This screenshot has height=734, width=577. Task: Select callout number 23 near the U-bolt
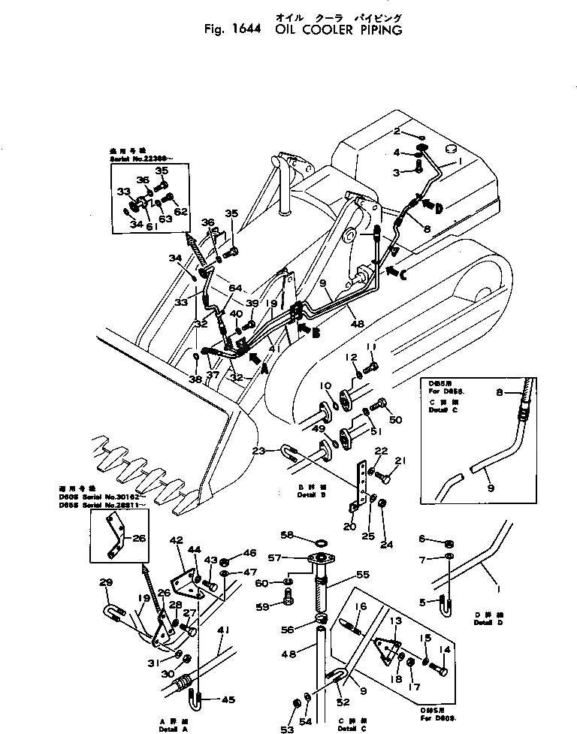coord(259,452)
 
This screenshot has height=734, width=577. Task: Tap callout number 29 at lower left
coord(106,582)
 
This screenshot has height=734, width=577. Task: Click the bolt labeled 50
coord(380,406)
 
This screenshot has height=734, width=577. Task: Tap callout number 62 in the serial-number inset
coord(180,212)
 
